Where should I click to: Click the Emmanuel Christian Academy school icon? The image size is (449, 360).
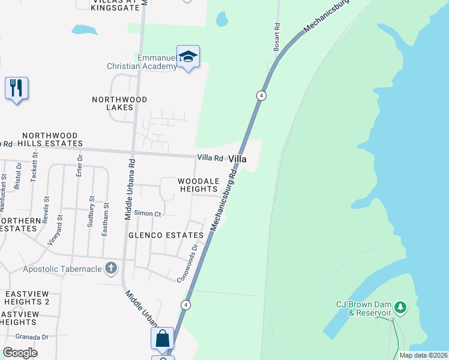pyautogui.click(x=188, y=57)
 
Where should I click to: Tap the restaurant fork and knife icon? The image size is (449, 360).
pyautogui.click(x=16, y=88)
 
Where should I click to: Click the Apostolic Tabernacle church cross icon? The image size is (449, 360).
pyautogui.click(x=110, y=268)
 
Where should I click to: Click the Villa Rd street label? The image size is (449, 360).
pyautogui.click(x=210, y=158)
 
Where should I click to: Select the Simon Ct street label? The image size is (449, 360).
pyautogui.click(x=148, y=214)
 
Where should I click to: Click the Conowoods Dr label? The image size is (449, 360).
pyautogui.click(x=187, y=263)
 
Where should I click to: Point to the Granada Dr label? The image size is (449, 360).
pyautogui.click(x=32, y=337)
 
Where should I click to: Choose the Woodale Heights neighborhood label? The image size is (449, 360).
pyautogui.click(x=197, y=184)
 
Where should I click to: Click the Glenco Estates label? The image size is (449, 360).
pyautogui.click(x=166, y=235)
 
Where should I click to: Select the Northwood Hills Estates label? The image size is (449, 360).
pyautogui.click(x=50, y=140)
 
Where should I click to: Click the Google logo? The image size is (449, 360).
pyautogui.click(x=20, y=352)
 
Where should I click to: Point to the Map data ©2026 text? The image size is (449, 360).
pyautogui.click(x=423, y=355)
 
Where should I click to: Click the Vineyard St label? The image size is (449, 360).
pyautogui.click(x=55, y=230)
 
